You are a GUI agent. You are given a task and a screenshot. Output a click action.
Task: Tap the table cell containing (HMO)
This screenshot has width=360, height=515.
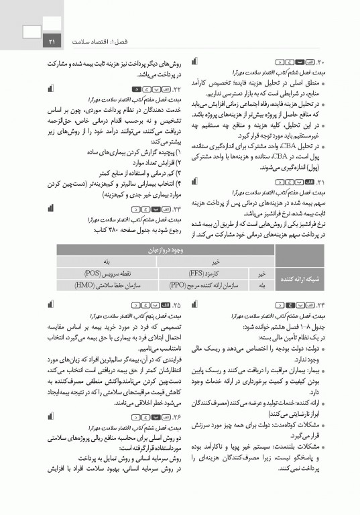pos(89,284)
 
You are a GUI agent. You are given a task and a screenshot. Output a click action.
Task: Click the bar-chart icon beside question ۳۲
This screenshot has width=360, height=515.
pos(52,89)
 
